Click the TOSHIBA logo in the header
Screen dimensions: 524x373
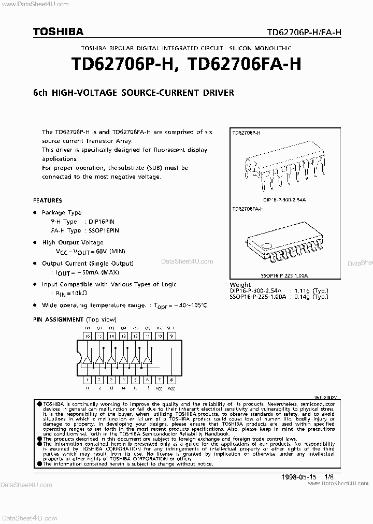58,32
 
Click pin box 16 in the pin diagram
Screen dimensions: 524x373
88,336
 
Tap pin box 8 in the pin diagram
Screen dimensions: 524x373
172,380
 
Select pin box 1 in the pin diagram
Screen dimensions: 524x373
88,380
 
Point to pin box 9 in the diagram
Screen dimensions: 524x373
172,336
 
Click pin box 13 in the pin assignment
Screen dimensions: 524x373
123,336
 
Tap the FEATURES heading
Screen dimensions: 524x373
48,200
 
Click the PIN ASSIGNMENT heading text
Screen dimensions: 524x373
58,319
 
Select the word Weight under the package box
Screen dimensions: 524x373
240,285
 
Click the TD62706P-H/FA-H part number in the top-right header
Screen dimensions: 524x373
304,33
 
